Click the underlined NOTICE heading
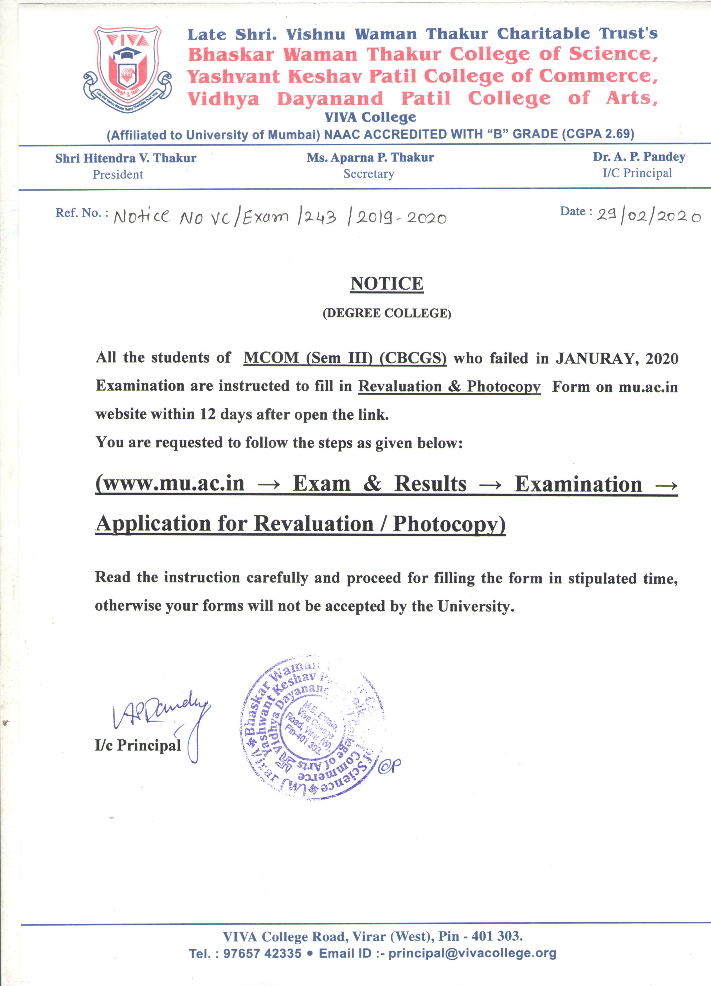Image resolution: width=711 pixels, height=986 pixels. (x=387, y=283)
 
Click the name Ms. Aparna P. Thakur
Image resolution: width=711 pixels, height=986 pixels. (x=370, y=157)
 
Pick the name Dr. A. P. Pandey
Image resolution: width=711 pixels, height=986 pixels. (x=639, y=157)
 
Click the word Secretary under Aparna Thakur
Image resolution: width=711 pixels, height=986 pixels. (x=369, y=174)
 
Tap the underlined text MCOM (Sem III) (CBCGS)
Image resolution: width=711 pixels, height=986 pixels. (x=345, y=358)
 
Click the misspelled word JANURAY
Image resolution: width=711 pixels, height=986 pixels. (x=596, y=359)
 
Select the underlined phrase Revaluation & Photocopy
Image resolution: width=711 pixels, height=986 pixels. (x=449, y=386)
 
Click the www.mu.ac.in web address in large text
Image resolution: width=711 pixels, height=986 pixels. (x=170, y=483)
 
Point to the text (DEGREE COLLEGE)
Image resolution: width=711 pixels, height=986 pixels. (x=387, y=313)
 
